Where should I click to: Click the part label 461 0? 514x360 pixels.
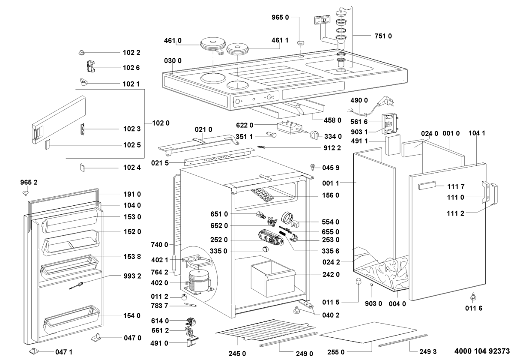[173, 41]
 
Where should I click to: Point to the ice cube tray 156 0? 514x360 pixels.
[263, 195]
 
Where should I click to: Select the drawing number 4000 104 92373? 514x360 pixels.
[482, 351]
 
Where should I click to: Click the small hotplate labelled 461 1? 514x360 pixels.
[237, 50]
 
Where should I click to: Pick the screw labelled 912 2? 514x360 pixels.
[261, 147]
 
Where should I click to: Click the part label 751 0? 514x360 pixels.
[383, 36]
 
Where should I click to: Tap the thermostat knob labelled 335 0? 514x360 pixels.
[265, 249]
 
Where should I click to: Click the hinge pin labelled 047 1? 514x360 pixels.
[33, 351]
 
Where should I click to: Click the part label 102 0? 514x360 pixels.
[161, 123]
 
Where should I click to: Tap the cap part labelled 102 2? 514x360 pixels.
[81, 52]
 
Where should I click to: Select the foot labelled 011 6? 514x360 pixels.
[473, 297]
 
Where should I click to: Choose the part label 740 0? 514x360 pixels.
[159, 245]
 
